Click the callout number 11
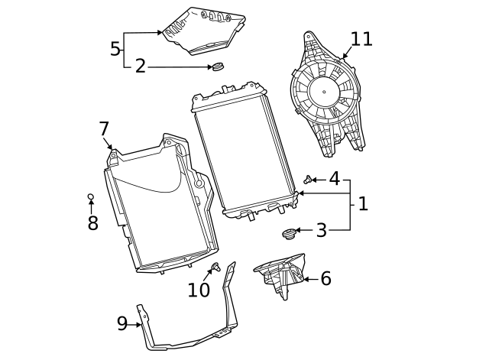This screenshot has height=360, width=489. [x=361, y=39]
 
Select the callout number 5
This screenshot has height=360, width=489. [x=115, y=50]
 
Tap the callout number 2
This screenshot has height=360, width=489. [x=140, y=66]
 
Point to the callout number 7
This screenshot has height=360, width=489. [x=104, y=128]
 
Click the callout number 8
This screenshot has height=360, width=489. [x=92, y=223]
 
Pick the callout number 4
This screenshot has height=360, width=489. [x=334, y=179]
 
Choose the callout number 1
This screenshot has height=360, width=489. [x=363, y=204]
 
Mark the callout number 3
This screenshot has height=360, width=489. [x=321, y=230]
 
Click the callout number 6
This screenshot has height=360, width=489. [x=325, y=278]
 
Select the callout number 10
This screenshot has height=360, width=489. [x=198, y=290]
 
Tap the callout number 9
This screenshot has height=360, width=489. [x=122, y=324]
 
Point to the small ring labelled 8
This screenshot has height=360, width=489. [x=90, y=197]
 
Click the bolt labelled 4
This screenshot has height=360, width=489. [x=307, y=180]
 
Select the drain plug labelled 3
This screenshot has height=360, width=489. [x=289, y=232]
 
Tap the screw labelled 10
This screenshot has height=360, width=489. [x=216, y=267]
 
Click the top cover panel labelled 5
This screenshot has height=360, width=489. [x=202, y=31]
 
